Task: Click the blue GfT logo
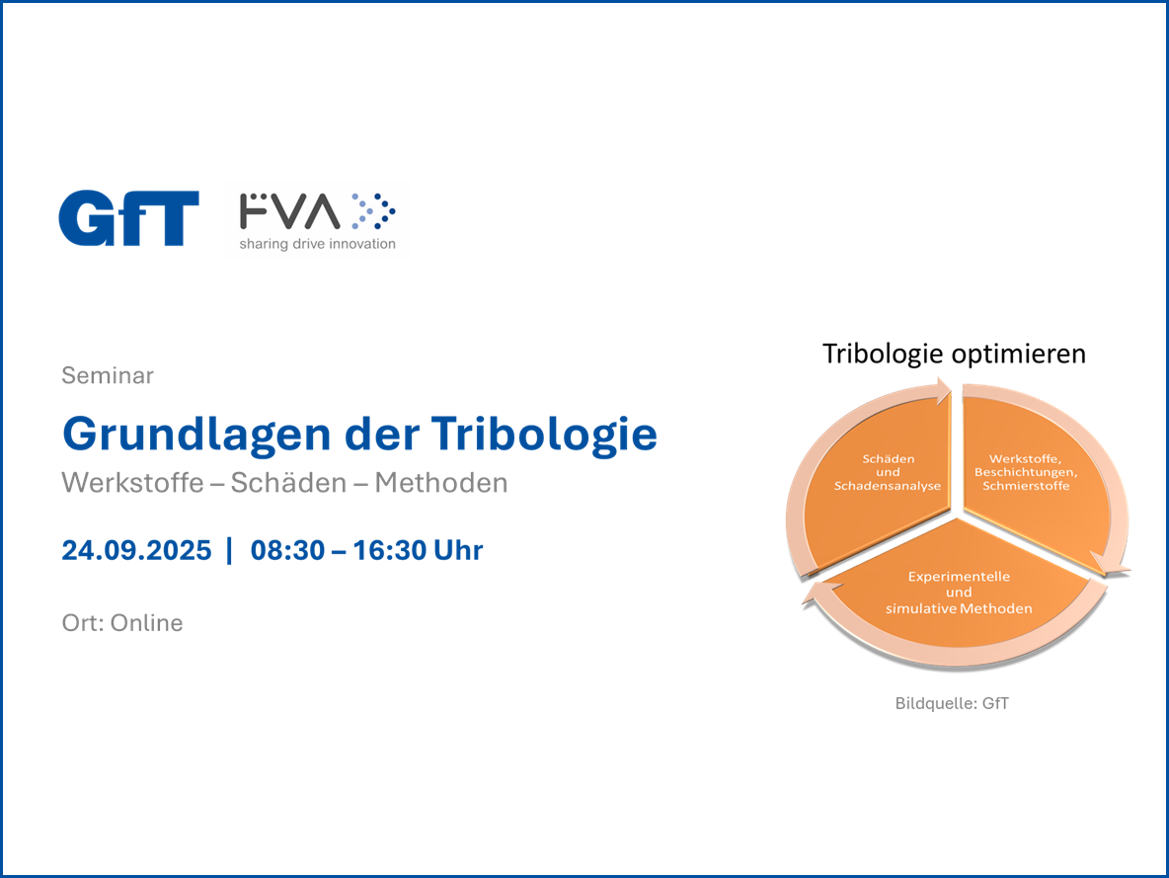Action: (129, 218)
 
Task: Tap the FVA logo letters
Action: (290, 211)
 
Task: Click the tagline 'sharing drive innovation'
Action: (318, 244)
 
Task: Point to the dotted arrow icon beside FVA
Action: (373, 211)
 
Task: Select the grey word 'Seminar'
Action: (108, 375)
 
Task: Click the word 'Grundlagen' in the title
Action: (196, 435)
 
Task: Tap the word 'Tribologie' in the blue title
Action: (544, 435)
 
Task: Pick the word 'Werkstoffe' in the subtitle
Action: (132, 483)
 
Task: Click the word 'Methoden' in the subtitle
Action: (441, 483)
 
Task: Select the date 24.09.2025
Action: (136, 550)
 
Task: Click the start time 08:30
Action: (287, 550)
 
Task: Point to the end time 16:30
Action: (389, 550)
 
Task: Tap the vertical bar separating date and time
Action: (230, 550)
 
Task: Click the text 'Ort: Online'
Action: (122, 623)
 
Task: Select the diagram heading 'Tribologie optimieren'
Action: (955, 354)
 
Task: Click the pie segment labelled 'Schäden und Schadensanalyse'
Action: (880, 485)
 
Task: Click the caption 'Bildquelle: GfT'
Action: (952, 703)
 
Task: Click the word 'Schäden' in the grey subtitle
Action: (288, 483)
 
